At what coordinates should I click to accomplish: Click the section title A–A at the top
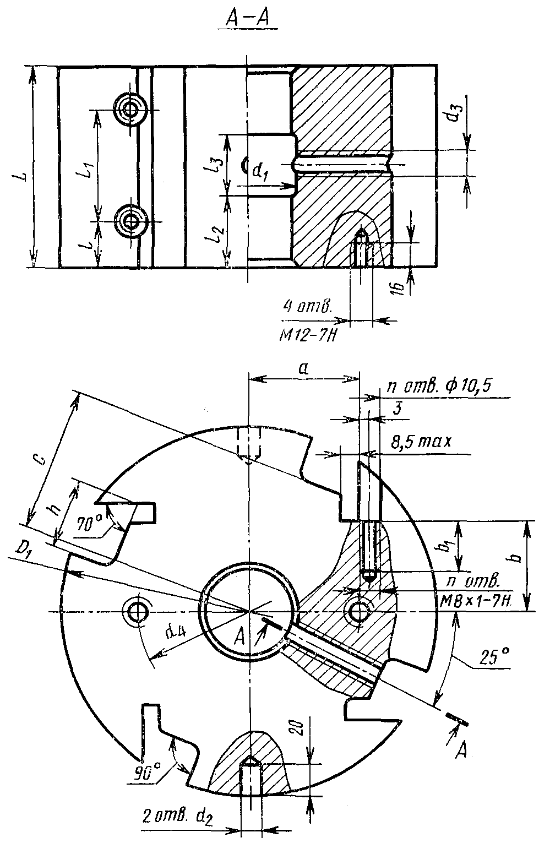point(247,18)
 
